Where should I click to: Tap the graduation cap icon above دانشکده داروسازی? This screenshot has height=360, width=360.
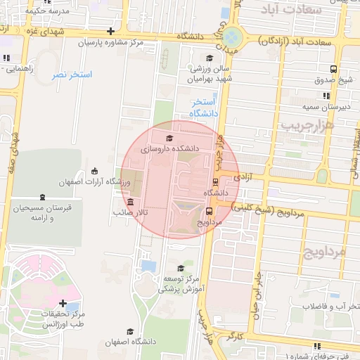coord(169,139)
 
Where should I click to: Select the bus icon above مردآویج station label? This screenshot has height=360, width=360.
coord(209,210)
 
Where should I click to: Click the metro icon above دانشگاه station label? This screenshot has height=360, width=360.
coord(215,181)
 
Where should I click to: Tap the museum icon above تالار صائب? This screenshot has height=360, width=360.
coord(130,202)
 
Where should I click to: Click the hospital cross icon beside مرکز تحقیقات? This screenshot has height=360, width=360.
coord(64,303)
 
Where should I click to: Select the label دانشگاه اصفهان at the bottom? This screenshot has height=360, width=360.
coord(130,342)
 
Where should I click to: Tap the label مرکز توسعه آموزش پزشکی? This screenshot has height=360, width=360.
coord(181,283)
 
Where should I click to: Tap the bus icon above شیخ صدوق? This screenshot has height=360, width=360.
coord(333,69)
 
